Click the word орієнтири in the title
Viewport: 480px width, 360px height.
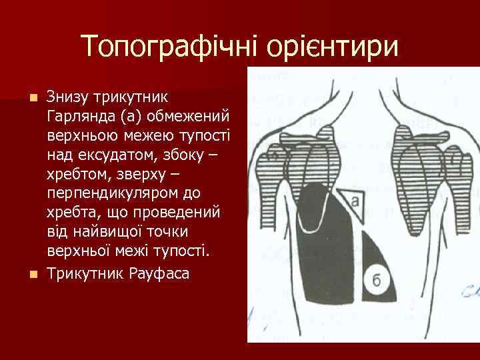pyautogui.click(x=332, y=47)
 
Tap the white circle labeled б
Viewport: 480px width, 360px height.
pyautogui.click(x=377, y=280)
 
